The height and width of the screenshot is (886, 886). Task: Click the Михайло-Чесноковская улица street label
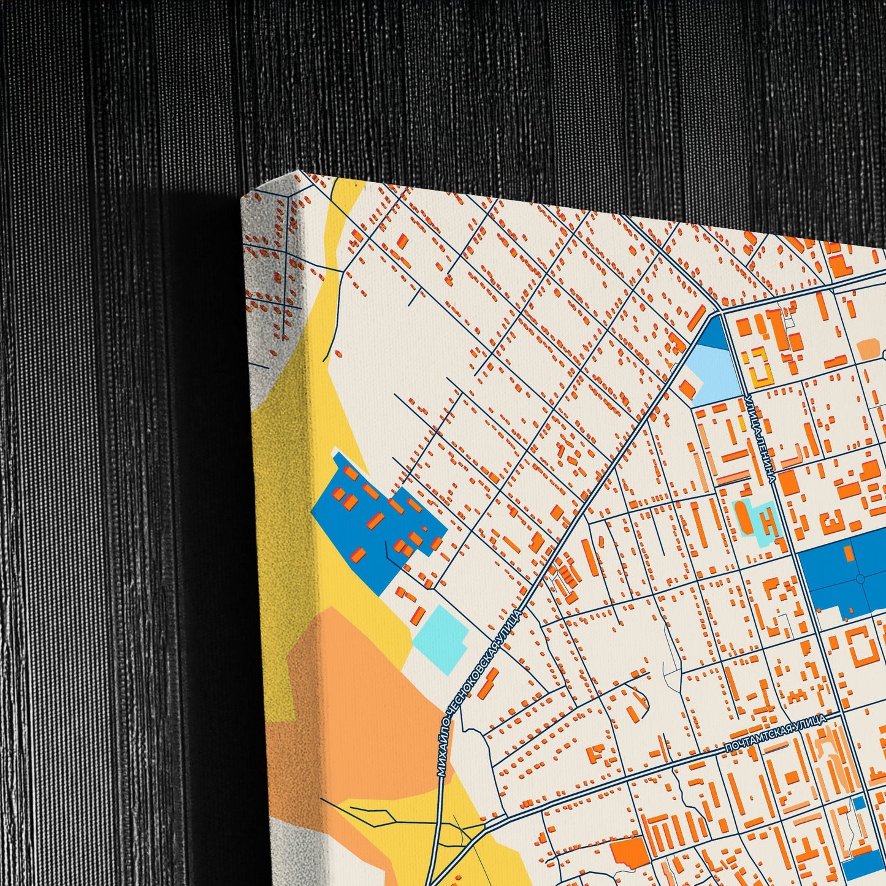(481, 693)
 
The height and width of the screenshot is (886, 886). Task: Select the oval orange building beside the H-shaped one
(743, 519)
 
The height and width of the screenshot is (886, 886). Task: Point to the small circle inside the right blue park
(860, 578)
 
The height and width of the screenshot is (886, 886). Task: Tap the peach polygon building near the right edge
(868, 349)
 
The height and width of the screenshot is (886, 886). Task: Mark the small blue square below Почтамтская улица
(859, 803)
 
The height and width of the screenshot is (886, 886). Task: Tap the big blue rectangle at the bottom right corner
(865, 865)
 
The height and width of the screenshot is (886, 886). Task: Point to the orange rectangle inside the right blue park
(849, 553)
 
